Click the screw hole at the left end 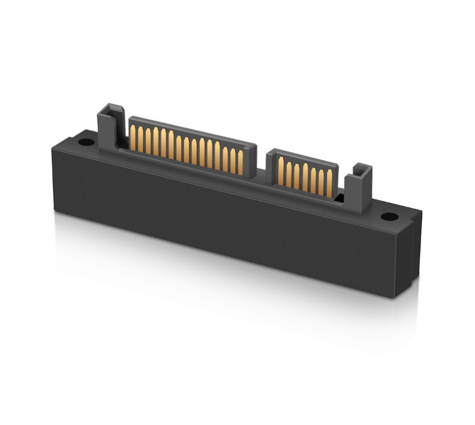(x=85, y=142)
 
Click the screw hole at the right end (x=388, y=217)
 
